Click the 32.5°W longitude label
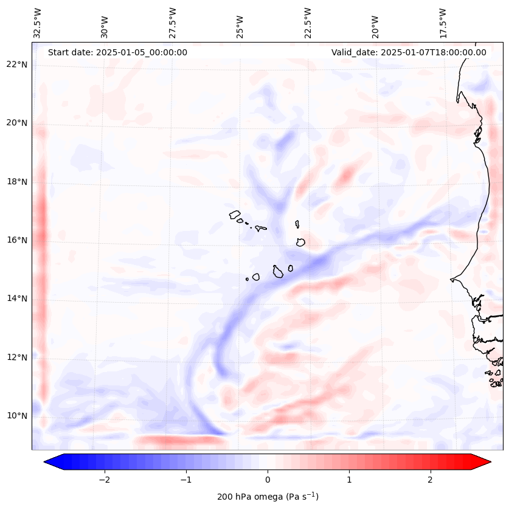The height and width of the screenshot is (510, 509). [x=38, y=22]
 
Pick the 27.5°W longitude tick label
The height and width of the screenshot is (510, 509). [x=173, y=22]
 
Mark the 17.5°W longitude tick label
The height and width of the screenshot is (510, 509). [x=443, y=22]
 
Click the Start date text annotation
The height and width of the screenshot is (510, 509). [x=117, y=52]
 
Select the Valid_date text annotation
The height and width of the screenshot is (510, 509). [x=409, y=52]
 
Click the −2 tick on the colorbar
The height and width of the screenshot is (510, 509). [x=104, y=479]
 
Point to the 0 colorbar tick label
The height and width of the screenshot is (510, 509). [x=268, y=479]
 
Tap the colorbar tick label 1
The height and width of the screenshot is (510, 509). [x=349, y=479]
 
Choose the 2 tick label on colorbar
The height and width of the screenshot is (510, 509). [x=431, y=479]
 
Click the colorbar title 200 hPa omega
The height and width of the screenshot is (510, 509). [x=268, y=497]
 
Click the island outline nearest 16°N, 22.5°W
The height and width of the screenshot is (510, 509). [x=300, y=242]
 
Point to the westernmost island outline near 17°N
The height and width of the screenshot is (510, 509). [x=235, y=214]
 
